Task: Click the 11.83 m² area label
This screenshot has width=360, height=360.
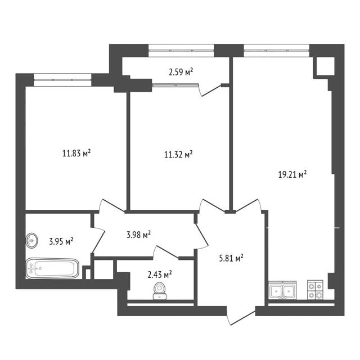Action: click(76, 153)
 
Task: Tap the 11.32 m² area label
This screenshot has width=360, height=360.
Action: click(178, 154)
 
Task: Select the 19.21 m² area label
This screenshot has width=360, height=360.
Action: click(292, 174)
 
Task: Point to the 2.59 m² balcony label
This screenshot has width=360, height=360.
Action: click(181, 72)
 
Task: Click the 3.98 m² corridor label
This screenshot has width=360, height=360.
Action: click(139, 235)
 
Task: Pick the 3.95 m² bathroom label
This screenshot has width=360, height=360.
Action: click(61, 241)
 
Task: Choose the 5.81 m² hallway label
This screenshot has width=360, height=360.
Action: click(231, 258)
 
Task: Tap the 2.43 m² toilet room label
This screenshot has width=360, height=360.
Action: click(160, 274)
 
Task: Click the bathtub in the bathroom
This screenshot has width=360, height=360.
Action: click(52, 268)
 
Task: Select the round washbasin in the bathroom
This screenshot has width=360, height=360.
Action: click(31, 240)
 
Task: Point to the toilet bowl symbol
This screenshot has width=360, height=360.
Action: click(160, 291)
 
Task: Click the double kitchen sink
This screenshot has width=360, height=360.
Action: click(282, 290)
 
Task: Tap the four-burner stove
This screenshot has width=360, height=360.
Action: click(315, 290)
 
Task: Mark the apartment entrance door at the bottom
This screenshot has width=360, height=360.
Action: click(241, 316)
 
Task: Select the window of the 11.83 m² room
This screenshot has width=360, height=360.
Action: click(62, 80)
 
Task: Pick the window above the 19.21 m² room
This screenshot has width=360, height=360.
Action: click(276, 51)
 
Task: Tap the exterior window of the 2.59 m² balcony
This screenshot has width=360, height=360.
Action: click(181, 51)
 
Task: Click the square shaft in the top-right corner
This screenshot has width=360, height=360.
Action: click(326, 66)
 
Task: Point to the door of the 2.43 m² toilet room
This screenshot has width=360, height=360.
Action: click(166, 253)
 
